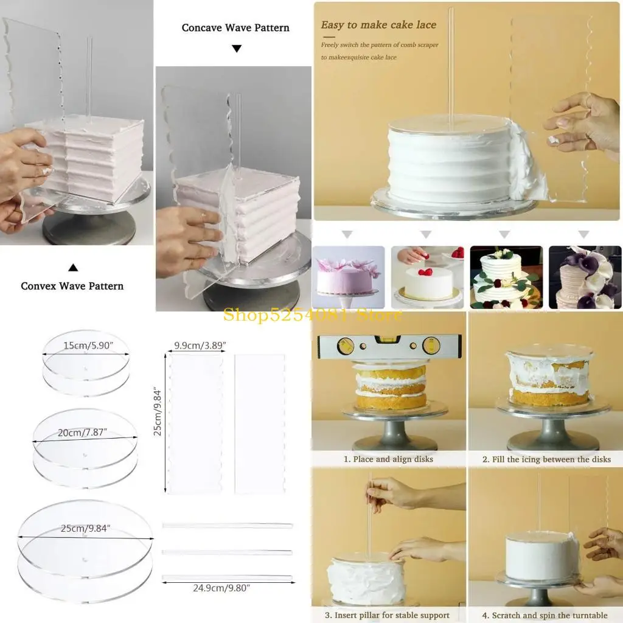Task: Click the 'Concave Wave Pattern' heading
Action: coord(235,28)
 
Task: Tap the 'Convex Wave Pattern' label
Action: coord(72,286)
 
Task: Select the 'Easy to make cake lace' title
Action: coord(378,25)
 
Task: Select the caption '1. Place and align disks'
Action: coord(388,459)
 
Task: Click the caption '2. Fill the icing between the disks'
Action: coord(546,459)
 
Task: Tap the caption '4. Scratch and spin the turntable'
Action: coord(546,615)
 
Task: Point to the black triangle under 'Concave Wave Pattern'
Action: coord(237,49)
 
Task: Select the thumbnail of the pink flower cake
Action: coord(348,277)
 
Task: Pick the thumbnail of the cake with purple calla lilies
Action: coord(585,277)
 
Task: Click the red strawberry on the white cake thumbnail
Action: coord(428,271)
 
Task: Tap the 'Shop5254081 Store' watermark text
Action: coord(312,315)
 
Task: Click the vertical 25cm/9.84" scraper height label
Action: coord(158,411)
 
